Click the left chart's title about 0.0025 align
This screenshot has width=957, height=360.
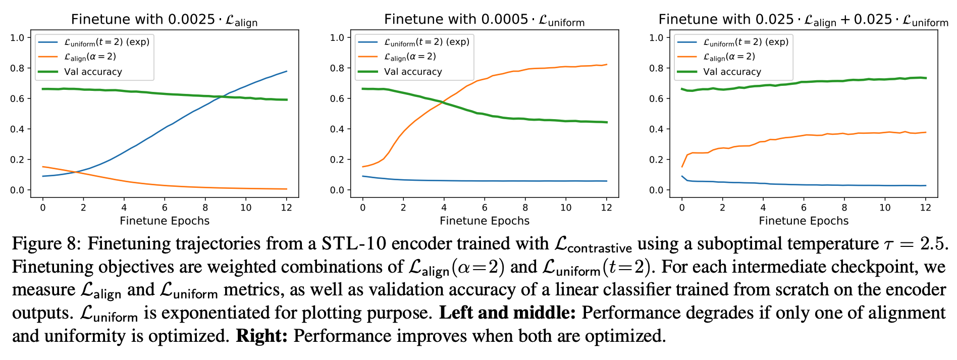pyautogui.click(x=164, y=20)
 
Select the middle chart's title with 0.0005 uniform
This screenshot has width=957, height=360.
pyautogui.click(x=484, y=20)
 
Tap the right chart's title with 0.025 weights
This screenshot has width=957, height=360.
pyautogui.click(x=803, y=20)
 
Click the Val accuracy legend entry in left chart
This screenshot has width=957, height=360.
pyautogui.click(x=93, y=72)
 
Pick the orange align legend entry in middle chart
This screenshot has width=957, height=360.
pyautogui.click(x=409, y=57)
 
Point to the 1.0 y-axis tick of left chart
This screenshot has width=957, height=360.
pyautogui.click(x=18, y=38)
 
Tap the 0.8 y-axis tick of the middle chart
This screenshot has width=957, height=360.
pyautogui.click(x=337, y=68)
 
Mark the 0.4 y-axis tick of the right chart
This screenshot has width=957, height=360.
pyautogui.click(x=656, y=129)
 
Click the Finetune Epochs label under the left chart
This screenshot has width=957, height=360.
pyautogui.click(x=165, y=221)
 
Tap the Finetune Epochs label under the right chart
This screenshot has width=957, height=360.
pyautogui.click(x=804, y=221)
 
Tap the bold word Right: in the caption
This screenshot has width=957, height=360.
pyautogui.click(x=261, y=336)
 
